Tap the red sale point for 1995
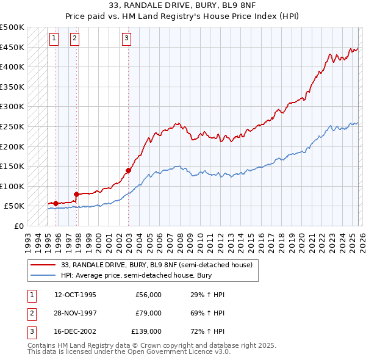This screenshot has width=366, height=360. coord(56,203)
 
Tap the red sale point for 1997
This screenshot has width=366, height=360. coord(76,194)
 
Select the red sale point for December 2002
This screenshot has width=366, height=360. coord(129,170)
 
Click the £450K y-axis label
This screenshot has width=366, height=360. coord(12,47)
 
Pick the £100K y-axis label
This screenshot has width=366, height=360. coord(12,186)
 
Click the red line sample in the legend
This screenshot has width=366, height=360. coord(44,264)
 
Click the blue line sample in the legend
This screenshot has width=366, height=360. coord(44,275)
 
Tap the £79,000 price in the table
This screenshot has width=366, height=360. coord(148,313)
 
